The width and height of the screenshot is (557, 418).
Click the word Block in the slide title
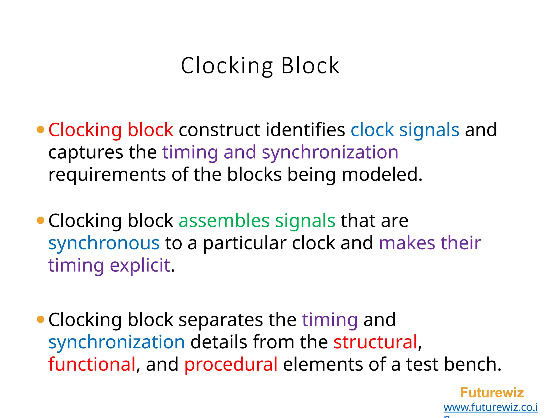click(x=310, y=66)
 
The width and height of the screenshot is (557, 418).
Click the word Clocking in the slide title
click(x=227, y=66)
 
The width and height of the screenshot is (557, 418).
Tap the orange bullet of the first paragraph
click(x=40, y=129)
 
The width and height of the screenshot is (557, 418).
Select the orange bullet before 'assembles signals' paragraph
click(x=40, y=220)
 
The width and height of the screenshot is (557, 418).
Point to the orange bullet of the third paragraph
click(x=40, y=319)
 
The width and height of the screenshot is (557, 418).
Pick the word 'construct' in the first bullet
click(x=219, y=130)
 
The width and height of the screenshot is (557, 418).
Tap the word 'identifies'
click(x=305, y=130)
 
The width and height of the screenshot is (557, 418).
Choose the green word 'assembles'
click(x=224, y=220)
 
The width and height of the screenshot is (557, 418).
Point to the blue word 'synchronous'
click(x=104, y=243)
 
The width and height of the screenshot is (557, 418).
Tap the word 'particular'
click(x=245, y=243)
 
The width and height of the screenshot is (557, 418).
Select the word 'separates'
click(x=221, y=320)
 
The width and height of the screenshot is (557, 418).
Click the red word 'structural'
click(x=375, y=342)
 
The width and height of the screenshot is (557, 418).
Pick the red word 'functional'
click(x=92, y=364)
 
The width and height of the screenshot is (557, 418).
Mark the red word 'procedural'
click(x=231, y=364)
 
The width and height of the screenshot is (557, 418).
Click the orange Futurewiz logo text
click(x=492, y=393)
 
